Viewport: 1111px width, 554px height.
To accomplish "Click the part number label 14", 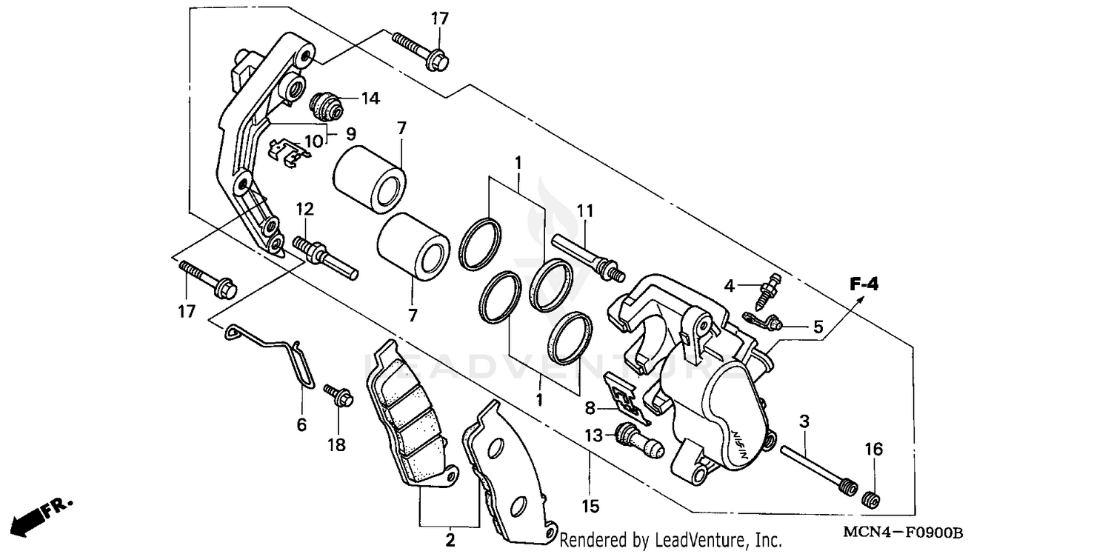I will coord(370,98).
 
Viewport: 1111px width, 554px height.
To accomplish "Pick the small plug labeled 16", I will coord(873,500).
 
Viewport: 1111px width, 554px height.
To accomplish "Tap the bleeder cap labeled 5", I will coord(763,321).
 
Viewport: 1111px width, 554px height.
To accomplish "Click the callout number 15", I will coord(590,507).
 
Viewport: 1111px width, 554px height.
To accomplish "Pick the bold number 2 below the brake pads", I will coord(450,541).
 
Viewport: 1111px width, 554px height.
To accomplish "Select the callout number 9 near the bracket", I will coord(350,133).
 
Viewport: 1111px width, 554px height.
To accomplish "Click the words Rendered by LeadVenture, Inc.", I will coord(670,539).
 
